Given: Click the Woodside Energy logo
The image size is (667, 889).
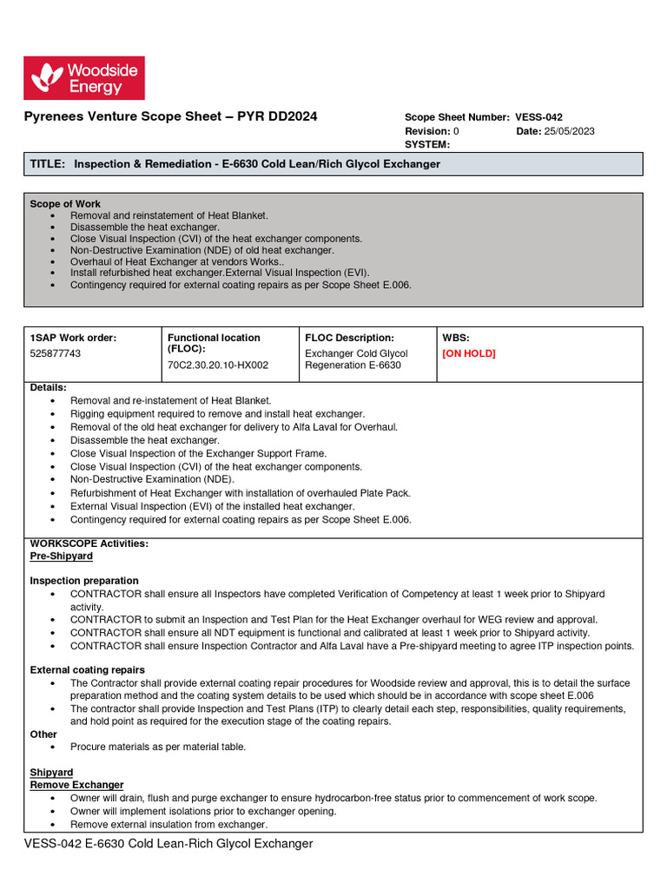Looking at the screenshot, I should [83, 78].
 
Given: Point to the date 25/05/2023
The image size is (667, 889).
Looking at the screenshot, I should [569, 131].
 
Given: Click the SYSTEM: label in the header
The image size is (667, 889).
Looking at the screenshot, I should [427, 144].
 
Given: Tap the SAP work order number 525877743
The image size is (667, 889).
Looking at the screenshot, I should [57, 354].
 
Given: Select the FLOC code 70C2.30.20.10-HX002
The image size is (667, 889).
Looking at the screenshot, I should [218, 365].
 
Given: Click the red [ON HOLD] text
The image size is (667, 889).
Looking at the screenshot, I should [469, 354].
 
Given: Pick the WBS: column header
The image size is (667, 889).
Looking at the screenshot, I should [456, 338].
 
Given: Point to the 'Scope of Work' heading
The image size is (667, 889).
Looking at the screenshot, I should [65, 204].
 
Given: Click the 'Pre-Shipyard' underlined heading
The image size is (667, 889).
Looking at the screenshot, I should [61, 556].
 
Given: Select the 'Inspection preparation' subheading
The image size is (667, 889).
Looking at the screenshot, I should [84, 581].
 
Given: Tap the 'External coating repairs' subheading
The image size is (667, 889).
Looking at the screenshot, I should [88, 670].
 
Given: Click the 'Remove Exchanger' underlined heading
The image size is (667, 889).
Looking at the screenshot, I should [76, 785].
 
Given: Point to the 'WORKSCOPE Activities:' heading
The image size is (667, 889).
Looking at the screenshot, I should [89, 543].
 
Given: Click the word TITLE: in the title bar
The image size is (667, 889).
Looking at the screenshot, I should [48, 164].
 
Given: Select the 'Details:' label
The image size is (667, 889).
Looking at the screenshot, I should [48, 387].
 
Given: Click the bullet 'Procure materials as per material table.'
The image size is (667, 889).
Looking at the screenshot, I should [158, 747].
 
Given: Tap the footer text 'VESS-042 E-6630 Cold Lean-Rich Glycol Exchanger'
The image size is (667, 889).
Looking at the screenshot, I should [168, 844].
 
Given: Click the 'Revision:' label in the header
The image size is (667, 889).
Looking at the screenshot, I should [427, 131].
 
